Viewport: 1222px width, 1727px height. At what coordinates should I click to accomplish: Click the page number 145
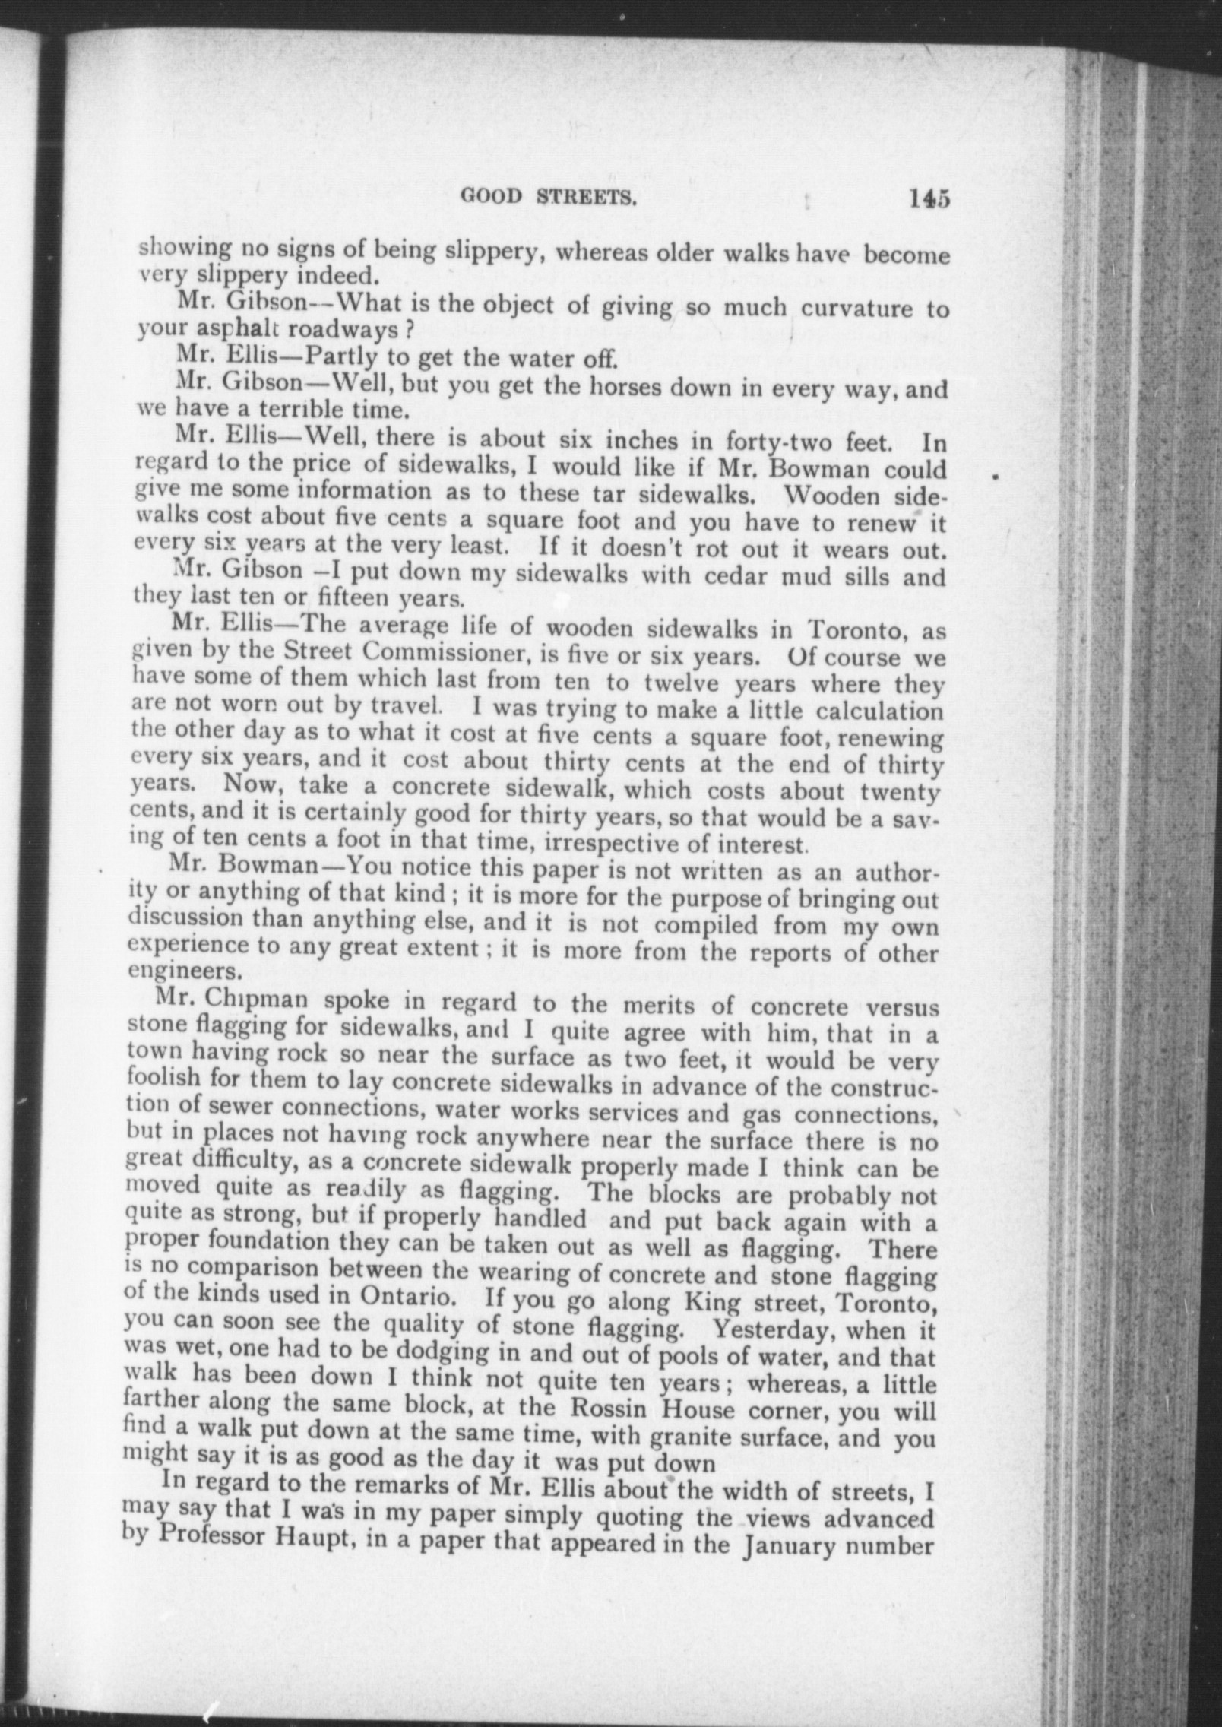click(x=928, y=199)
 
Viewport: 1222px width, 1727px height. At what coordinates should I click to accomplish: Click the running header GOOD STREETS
click(x=548, y=199)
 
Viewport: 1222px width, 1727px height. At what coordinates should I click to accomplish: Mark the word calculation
click(x=879, y=711)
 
